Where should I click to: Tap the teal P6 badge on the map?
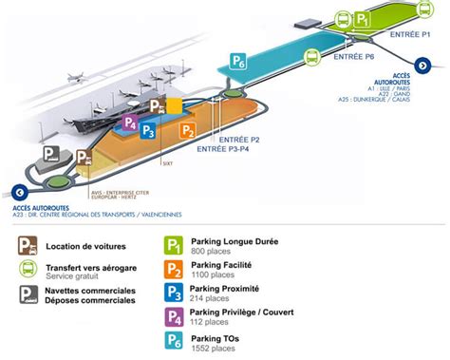point(239,62)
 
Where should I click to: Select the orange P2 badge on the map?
point(188,130)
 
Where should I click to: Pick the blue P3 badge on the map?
point(148,130)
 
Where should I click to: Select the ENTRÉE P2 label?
point(243,140)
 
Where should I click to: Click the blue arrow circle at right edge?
point(424,66)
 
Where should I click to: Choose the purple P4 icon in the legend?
point(174,315)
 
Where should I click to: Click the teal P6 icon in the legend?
point(174,339)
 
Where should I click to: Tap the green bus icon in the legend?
point(26,272)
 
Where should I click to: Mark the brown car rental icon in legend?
point(26,247)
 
